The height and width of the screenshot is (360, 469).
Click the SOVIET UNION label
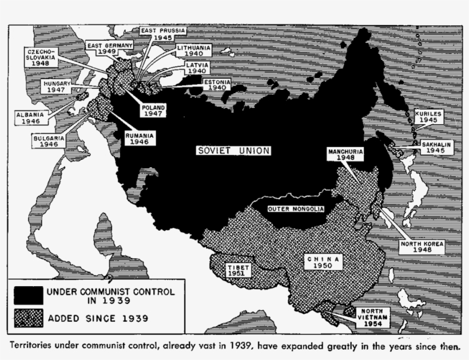point(232,151)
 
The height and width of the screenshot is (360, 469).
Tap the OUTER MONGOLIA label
point(295,209)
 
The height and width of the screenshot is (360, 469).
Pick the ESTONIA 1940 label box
point(216,85)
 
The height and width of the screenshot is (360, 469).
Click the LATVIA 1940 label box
point(197,69)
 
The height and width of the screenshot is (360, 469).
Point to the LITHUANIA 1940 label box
point(194,50)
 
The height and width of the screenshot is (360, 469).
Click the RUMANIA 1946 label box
point(140,138)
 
